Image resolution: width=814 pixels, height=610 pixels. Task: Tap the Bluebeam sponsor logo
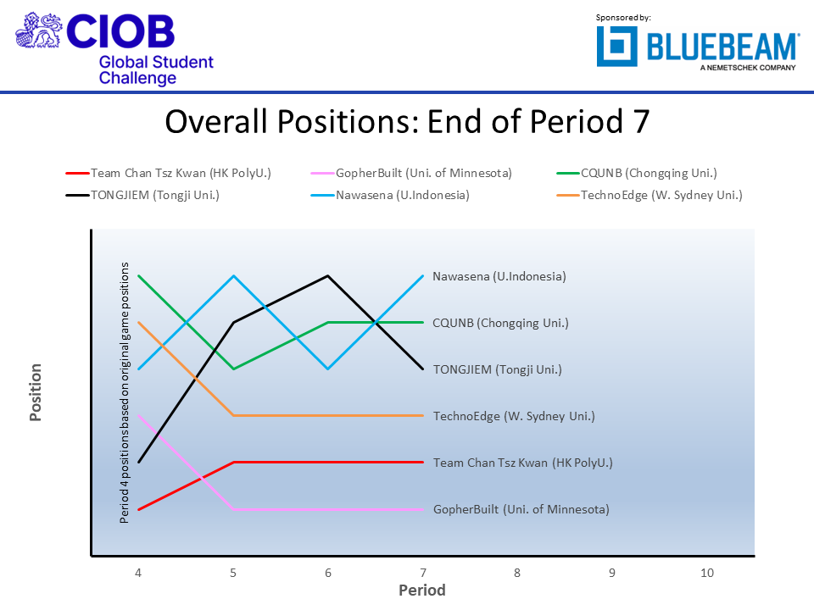tap(697, 47)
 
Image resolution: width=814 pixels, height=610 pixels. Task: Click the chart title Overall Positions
tap(407, 121)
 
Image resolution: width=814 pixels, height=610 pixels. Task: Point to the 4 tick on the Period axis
tap(138, 573)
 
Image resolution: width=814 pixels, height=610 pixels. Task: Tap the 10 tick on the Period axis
tap(707, 573)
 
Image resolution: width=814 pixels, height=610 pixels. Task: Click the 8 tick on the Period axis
tap(517, 573)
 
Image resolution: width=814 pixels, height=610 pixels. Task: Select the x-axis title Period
tap(422, 591)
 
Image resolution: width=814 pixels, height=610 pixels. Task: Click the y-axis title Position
tap(36, 392)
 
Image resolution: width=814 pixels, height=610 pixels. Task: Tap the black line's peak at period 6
tap(327, 275)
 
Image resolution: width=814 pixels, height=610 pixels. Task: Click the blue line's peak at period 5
tap(233, 275)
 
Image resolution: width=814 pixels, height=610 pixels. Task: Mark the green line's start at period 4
tap(138, 275)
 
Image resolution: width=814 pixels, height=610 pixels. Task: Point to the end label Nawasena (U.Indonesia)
tap(499, 276)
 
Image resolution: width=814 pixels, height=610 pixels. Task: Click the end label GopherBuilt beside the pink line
tap(521, 509)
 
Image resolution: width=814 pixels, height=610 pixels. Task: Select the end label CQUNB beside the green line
tap(500, 323)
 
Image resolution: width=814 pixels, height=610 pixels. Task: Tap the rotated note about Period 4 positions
tap(125, 392)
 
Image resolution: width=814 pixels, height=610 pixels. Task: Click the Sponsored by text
tap(623, 17)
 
